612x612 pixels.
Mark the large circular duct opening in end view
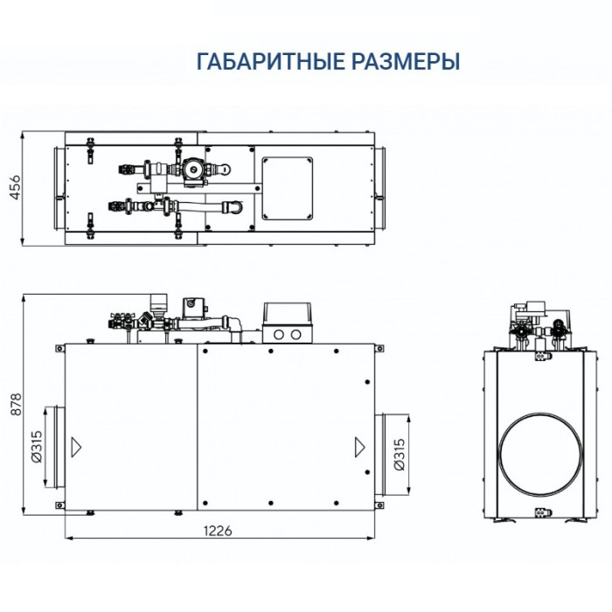(x=536, y=453)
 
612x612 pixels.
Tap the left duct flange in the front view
(x=52, y=446)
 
